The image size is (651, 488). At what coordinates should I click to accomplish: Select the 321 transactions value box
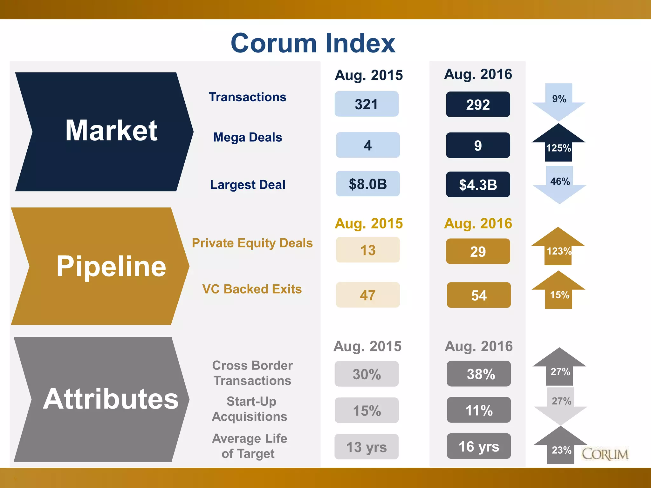point(367,104)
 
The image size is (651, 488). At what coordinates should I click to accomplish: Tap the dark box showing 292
point(478,105)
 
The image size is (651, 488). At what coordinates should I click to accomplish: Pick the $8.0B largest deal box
point(368,184)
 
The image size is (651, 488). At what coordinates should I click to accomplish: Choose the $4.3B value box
point(478,185)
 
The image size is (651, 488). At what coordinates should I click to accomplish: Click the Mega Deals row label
point(248,137)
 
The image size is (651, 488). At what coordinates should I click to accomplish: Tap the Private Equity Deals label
point(252,243)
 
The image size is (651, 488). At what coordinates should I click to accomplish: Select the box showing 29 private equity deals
point(478,251)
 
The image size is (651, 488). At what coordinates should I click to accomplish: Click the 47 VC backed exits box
point(368,295)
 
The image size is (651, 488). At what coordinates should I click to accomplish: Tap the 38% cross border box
point(479,374)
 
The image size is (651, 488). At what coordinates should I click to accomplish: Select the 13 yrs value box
point(367,447)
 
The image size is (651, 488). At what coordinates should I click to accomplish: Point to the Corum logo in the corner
point(605,454)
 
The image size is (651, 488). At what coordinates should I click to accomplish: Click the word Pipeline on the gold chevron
point(111,266)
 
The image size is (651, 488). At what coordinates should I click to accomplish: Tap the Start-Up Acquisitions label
point(250,409)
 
